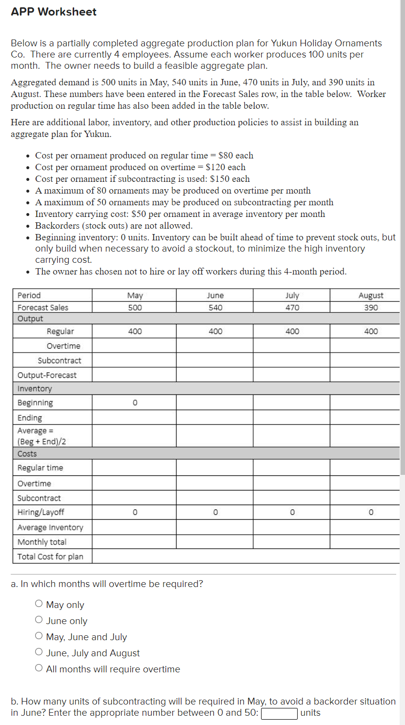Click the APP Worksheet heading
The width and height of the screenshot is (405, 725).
[54, 12]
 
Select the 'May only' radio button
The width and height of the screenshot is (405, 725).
[39, 604]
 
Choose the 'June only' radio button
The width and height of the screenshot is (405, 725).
[39, 620]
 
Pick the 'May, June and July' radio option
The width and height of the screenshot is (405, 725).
[39, 636]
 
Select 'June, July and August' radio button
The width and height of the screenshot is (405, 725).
[39, 652]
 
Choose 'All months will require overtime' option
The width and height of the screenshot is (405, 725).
[39, 668]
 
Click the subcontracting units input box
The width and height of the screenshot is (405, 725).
[280, 713]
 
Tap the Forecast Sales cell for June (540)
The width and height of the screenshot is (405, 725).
[215, 308]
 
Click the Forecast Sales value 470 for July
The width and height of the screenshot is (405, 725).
[292, 308]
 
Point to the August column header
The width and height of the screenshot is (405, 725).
[370, 295]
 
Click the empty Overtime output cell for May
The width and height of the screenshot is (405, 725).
[135, 346]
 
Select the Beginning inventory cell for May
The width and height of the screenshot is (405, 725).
[135, 403]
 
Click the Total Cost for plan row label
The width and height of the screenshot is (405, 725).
[50, 556]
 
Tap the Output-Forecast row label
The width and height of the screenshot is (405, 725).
[47, 375]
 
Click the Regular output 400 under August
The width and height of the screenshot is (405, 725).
[370, 332]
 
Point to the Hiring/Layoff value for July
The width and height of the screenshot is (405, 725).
[292, 512]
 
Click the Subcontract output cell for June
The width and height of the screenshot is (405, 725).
[215, 360]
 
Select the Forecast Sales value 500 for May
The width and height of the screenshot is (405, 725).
[135, 308]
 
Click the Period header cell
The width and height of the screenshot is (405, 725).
[29, 295]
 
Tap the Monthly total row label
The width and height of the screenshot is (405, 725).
[42, 542]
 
